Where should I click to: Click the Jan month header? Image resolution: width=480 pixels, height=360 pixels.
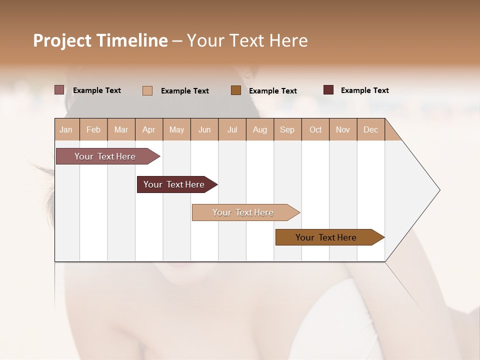(x=66, y=129)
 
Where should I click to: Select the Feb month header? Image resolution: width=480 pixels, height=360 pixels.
(x=93, y=129)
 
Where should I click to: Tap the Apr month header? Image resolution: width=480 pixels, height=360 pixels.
(x=148, y=129)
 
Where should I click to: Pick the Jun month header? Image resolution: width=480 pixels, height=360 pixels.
(x=204, y=129)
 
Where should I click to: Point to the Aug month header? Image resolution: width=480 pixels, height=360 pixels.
(x=259, y=129)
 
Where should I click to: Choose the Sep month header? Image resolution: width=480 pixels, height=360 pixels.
(x=287, y=129)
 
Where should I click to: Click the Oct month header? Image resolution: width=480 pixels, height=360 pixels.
(x=315, y=129)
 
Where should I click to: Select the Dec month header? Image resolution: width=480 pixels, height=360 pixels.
(x=370, y=129)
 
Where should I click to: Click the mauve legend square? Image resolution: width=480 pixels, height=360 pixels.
(x=59, y=90)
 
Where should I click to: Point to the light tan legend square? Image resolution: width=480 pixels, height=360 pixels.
(x=147, y=90)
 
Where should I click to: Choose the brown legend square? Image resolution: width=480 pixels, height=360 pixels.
(x=236, y=90)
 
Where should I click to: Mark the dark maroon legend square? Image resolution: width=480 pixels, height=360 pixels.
(x=328, y=90)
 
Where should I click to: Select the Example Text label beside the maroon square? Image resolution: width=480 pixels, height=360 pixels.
(x=364, y=90)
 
